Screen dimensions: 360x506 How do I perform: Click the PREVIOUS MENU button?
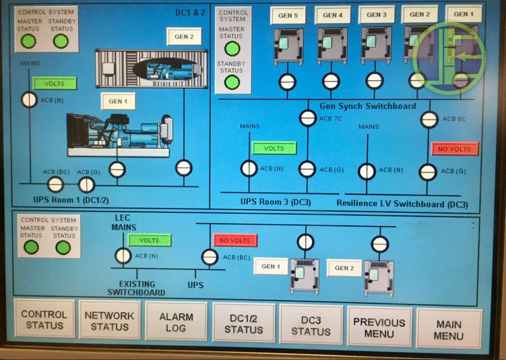(379, 328)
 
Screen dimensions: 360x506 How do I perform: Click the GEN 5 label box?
(287, 15)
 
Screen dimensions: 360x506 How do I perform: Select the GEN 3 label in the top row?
(377, 14)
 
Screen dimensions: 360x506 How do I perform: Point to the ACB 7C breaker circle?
(307, 118)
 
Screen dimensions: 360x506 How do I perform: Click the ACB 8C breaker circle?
(429, 119)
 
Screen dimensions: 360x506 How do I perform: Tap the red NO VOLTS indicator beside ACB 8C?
(454, 149)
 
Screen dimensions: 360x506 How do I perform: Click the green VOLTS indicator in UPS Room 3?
(274, 148)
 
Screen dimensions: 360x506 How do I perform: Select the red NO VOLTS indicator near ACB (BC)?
(235, 240)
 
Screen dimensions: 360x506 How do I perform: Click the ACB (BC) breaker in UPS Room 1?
(56, 184)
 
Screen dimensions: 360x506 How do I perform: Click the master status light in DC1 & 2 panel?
(28, 41)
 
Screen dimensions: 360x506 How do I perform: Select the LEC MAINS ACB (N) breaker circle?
(123, 256)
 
